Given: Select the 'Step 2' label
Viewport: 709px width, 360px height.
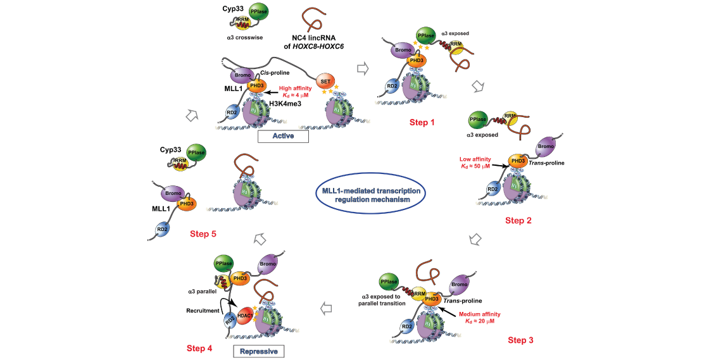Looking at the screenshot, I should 518,220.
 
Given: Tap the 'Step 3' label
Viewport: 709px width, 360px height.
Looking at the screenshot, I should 521,340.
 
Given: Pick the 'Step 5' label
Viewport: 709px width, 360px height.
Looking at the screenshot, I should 203,234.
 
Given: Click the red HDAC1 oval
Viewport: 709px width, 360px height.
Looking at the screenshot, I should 246,313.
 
